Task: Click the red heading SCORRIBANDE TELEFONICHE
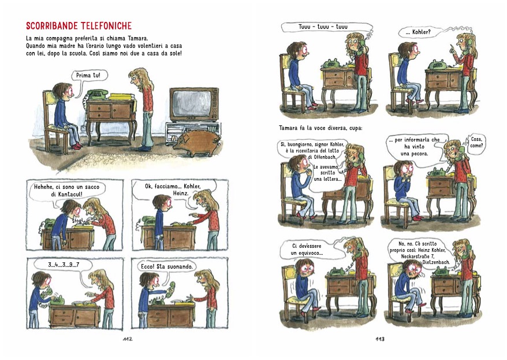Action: tap(79, 26)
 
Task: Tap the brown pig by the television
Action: tap(197, 143)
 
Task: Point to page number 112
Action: tap(128, 339)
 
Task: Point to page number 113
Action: tap(380, 339)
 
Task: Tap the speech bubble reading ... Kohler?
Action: tap(418, 32)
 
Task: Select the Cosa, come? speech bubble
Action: tap(476, 142)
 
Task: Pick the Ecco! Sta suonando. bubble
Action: tap(167, 267)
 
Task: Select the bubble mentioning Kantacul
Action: tap(66, 191)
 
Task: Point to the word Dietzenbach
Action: tap(436, 262)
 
